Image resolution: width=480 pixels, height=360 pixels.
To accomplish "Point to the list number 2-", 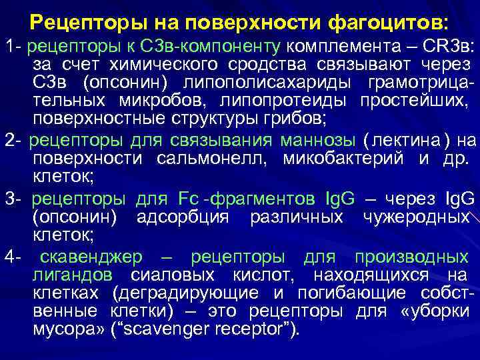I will coord(13,141).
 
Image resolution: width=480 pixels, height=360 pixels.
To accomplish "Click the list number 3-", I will coord(13,199).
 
